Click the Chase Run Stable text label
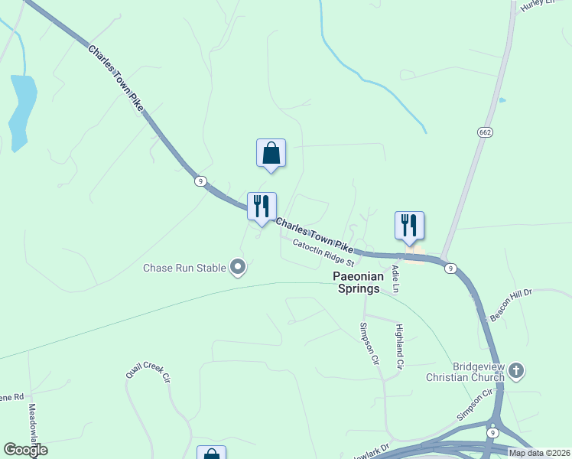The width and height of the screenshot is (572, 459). [x=184, y=268]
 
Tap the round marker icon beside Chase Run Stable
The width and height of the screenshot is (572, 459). [x=238, y=268]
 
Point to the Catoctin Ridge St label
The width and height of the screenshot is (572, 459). [x=322, y=252]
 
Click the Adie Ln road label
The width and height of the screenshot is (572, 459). [x=395, y=279]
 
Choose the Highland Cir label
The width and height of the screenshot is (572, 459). [x=398, y=347]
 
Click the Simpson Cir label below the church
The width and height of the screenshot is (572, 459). [x=475, y=405]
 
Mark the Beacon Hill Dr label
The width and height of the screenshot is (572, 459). [x=510, y=305]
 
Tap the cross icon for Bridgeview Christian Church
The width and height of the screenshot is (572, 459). [x=516, y=372]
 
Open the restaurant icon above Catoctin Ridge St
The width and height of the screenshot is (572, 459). [x=262, y=206]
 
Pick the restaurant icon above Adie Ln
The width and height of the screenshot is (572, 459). [x=409, y=225]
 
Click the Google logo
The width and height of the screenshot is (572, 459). [x=24, y=450]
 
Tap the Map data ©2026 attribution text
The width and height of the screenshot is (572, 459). [x=539, y=453]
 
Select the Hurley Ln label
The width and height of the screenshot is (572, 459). [x=536, y=5]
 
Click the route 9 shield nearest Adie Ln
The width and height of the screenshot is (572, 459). [x=452, y=269]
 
